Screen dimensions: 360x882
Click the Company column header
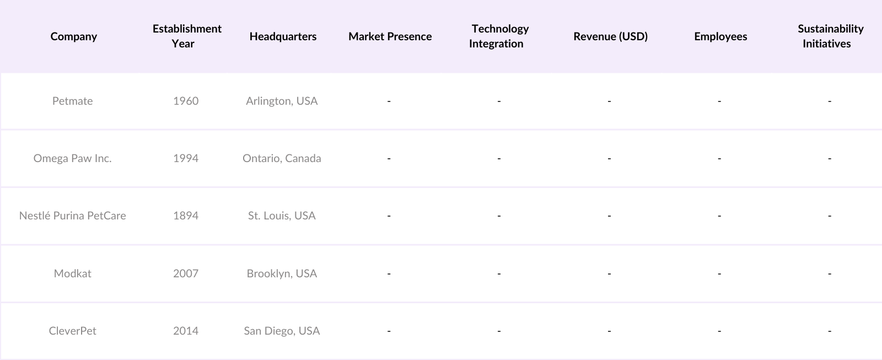click(73, 36)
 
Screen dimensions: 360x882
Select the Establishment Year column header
click(187, 36)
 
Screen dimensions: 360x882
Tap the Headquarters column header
click(283, 36)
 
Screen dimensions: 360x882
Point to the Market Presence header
click(390, 36)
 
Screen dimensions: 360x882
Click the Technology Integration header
click(499, 36)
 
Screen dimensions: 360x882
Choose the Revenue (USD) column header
click(610, 36)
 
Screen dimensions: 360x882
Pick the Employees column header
click(720, 36)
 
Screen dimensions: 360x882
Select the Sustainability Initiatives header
click(830, 36)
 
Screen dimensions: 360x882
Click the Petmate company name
click(72, 101)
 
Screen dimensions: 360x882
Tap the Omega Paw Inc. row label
click(72, 158)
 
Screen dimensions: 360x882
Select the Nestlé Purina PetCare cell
click(72, 216)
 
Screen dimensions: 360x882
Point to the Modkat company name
click(72, 273)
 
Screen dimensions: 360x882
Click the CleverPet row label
click(72, 331)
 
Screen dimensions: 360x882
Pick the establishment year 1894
click(186, 216)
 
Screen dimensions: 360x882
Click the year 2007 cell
click(186, 273)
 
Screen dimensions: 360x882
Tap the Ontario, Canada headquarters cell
click(282, 158)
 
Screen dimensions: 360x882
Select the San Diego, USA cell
click(282, 331)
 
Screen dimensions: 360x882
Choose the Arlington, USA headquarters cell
click(282, 101)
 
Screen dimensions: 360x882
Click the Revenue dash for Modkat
click(609, 273)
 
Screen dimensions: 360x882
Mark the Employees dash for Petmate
click(719, 101)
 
